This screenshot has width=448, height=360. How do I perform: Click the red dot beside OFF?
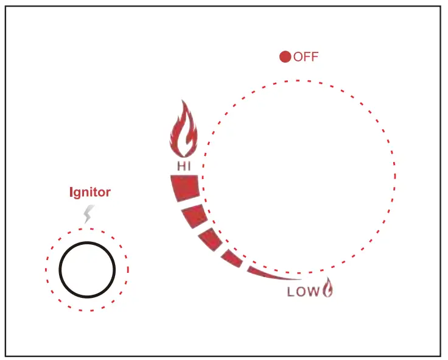pyautogui.click(x=285, y=57)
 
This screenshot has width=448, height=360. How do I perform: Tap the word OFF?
pyautogui.click(x=306, y=57)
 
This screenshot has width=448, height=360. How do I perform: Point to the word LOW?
pyautogui.click(x=303, y=292)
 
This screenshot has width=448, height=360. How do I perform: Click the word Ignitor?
pyautogui.click(x=89, y=192)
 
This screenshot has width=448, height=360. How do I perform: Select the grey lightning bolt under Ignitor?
pyautogui.click(x=89, y=214)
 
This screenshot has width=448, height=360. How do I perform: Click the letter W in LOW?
pyautogui.click(x=312, y=292)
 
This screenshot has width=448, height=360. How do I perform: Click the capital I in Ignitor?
pyautogui.click(x=70, y=192)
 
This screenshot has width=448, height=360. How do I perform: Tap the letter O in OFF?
pyautogui.click(x=299, y=57)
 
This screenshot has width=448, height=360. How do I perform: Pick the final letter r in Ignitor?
pyautogui.click(x=108, y=193)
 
